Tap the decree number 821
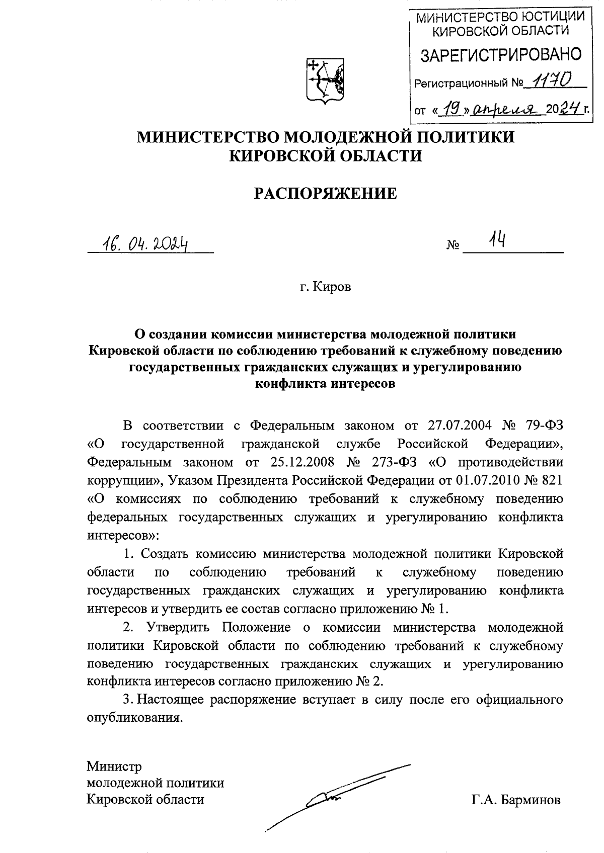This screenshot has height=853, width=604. click(551, 480)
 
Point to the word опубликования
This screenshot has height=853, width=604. click(133, 718)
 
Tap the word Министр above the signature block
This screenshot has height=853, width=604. click(114, 766)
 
